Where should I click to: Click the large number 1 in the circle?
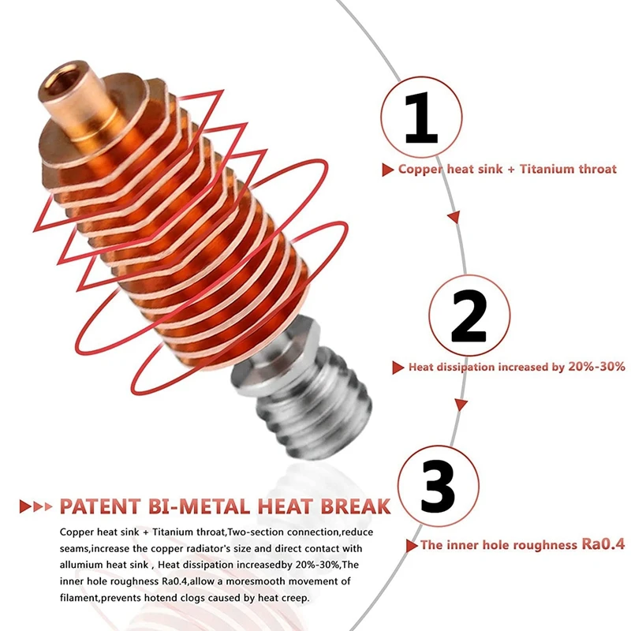421,118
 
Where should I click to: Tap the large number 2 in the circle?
469,316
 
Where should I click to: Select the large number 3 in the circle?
438,486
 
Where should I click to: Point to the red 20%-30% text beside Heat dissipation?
596,366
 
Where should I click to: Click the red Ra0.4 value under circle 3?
603,544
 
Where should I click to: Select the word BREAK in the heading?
356,506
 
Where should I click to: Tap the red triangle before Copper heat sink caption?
387,170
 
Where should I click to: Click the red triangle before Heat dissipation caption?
398,368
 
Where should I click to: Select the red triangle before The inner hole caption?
411,546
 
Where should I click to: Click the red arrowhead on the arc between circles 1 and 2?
454,217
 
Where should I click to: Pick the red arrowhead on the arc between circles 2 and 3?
461,405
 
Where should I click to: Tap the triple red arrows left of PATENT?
35,506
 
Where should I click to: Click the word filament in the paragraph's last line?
79,598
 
